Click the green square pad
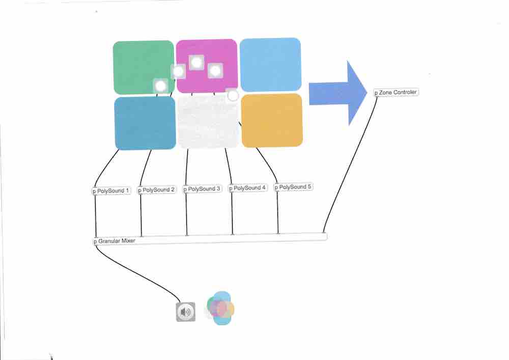tap(144, 68)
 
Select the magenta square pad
tap(207, 66)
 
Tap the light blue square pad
tap(270, 65)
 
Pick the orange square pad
tap(272, 121)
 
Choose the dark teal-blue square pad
tap(145, 123)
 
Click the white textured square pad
tap(208, 121)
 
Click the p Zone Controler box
tap(396, 93)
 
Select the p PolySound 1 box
tap(111, 191)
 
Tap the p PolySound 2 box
tap(157, 190)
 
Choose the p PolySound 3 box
tap(202, 189)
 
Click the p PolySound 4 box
tap(248, 188)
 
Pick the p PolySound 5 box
tap(294, 187)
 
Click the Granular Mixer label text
tap(117, 241)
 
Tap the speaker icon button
tap(186, 312)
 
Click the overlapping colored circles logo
tap(220, 308)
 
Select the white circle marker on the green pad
tap(161, 86)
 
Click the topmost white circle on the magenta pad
tap(196, 62)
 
